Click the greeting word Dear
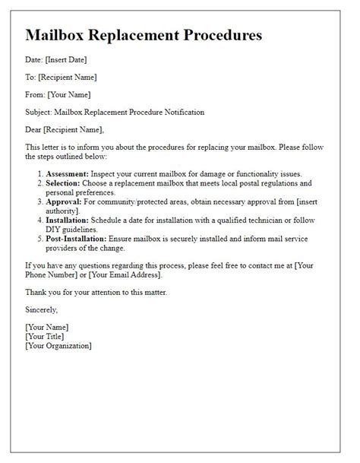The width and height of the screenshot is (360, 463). pos(36,129)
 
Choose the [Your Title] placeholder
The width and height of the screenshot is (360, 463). pos(44,336)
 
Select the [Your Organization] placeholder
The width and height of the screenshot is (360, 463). pos(58,346)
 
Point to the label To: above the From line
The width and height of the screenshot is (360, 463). pos(31,77)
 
